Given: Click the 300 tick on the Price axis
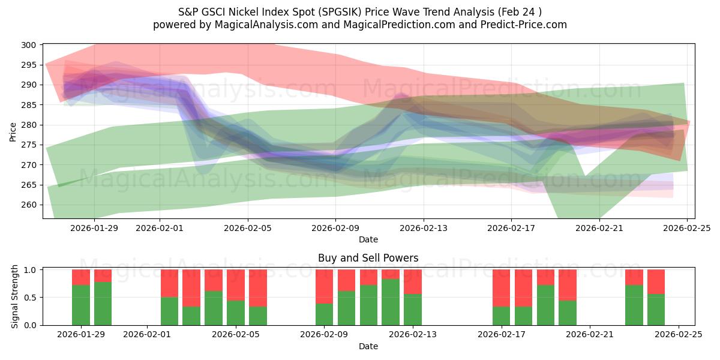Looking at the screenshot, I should click(x=30, y=45).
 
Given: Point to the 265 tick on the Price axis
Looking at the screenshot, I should click(x=30, y=185).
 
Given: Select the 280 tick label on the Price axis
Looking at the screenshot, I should click(x=30, y=125).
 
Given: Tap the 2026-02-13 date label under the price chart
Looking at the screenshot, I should click(x=424, y=227).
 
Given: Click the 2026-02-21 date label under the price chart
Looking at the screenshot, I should click(x=599, y=227).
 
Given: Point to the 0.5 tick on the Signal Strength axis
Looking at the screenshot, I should click(x=30, y=298).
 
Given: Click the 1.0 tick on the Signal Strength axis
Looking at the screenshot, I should click(x=30, y=270).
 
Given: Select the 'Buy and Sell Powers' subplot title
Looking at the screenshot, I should click(x=368, y=258).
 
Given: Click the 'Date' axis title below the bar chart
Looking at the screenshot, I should click(x=368, y=346).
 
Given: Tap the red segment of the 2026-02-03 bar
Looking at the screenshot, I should click(x=191, y=288).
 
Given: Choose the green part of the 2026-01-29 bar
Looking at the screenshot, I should click(x=81, y=305).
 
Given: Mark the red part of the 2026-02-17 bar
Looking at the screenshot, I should click(x=502, y=288).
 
